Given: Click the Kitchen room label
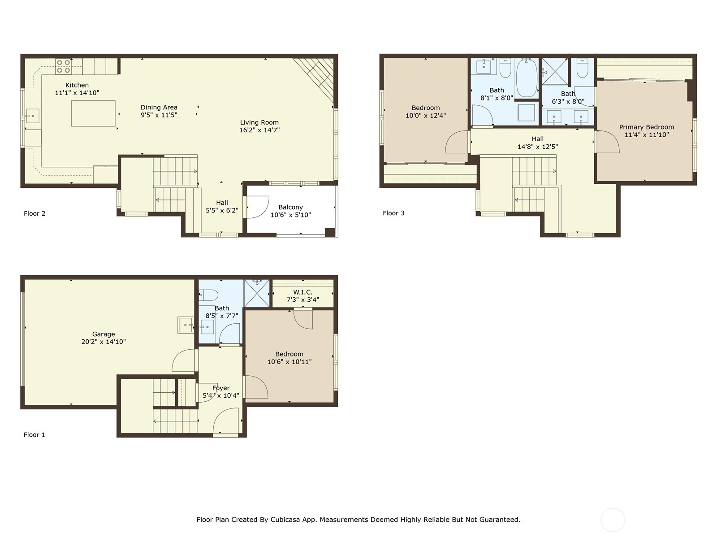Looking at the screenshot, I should (x=77, y=85).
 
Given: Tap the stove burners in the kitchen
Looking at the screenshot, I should (x=63, y=66).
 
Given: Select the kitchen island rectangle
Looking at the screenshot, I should (x=93, y=113).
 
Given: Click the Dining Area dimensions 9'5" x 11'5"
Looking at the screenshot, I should (x=159, y=115).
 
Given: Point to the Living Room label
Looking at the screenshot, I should (x=259, y=122).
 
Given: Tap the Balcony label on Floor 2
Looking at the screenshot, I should (x=290, y=207).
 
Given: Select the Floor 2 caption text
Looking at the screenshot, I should (x=35, y=213).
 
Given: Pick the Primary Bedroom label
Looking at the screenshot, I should (x=646, y=127).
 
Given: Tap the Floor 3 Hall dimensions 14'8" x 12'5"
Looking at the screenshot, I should (x=538, y=147).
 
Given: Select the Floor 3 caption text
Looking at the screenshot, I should (x=393, y=213).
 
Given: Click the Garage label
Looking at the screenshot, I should (x=104, y=334).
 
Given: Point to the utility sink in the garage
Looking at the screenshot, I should (x=186, y=325).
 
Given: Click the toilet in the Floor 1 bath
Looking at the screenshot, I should (x=209, y=295).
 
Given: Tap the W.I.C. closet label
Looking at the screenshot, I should (x=303, y=292).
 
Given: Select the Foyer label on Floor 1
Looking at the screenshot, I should (x=221, y=388).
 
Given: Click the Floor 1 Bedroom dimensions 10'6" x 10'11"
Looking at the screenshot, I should (x=289, y=362).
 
